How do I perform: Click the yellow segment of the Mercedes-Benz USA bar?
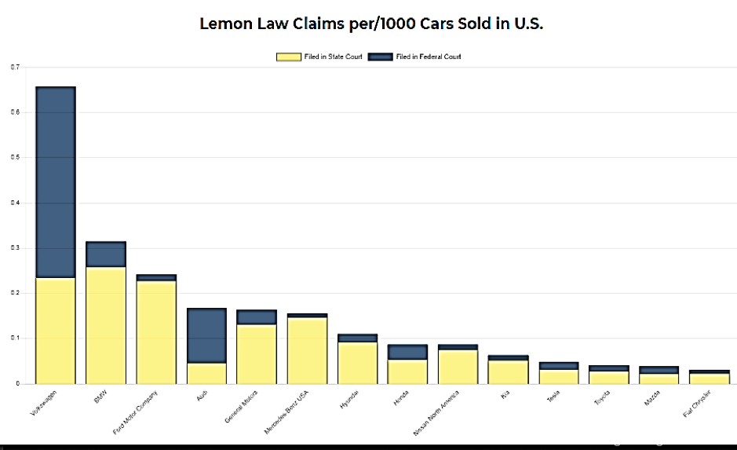click(x=307, y=350)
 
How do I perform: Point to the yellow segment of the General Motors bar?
click(x=257, y=353)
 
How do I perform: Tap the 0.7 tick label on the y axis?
click(x=15, y=68)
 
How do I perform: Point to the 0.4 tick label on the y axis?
click(x=15, y=203)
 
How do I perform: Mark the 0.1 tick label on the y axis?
click(x=15, y=338)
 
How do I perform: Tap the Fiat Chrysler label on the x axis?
click(x=695, y=401)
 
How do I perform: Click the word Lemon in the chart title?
click(x=228, y=24)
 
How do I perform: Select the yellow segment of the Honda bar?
click(x=407, y=371)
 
